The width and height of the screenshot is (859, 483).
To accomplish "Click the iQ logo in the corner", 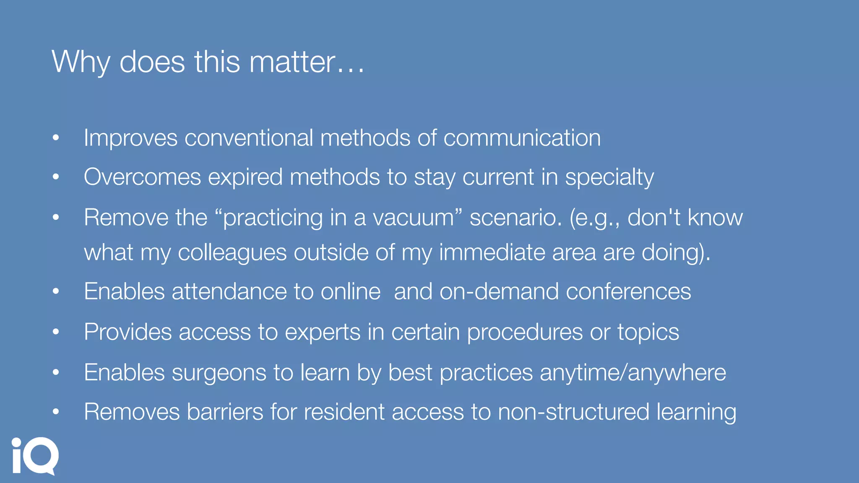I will (x=35, y=456).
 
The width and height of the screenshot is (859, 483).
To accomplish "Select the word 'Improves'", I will (x=130, y=138).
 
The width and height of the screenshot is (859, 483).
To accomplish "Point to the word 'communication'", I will (x=522, y=138).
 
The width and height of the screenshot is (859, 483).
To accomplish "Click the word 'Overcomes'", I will (x=142, y=177).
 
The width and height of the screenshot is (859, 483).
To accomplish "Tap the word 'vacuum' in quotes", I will (x=413, y=218).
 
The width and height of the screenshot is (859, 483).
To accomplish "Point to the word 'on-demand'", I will (x=499, y=291).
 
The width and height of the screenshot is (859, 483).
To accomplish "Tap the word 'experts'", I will (x=323, y=332).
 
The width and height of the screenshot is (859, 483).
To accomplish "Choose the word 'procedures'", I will (x=525, y=332).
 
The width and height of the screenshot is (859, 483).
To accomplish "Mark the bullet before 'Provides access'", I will (x=56, y=332).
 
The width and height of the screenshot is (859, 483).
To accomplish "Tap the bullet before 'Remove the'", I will (x=56, y=217).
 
